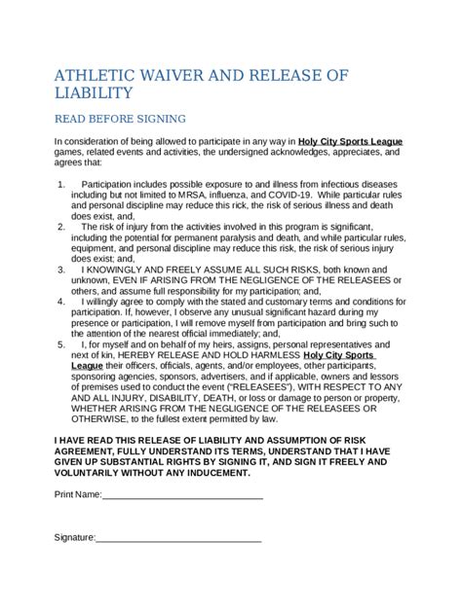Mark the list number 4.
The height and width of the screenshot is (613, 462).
(x=60, y=301)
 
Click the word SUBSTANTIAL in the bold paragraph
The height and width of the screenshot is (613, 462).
(x=121, y=462)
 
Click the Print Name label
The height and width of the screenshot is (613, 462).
(x=77, y=495)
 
